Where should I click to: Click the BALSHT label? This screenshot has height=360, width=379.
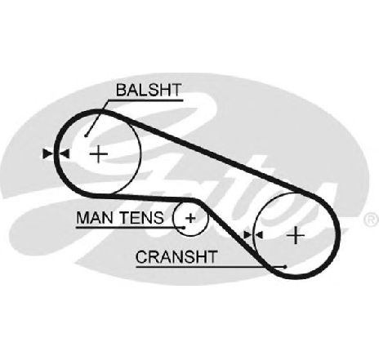click(149, 90)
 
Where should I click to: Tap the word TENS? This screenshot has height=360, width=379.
click(142, 218)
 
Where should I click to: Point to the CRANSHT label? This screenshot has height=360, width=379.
click(176, 257)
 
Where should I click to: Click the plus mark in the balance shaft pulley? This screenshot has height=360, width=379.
click(99, 154)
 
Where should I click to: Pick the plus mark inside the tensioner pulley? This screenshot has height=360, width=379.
click(190, 218)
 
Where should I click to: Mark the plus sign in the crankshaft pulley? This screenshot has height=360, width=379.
click(296, 235)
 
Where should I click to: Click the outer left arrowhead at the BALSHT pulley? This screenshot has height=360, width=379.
click(48, 154)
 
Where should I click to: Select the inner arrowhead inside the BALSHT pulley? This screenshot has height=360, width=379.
click(65, 154)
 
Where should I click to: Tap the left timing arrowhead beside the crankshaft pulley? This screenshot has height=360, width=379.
click(247, 235)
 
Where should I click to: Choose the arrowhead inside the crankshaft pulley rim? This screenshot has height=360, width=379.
click(258, 235)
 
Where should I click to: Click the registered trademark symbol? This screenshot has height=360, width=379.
click(372, 220)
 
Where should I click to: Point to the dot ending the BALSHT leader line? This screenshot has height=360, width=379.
click(86, 136)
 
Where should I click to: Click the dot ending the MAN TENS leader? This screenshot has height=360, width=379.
click(185, 228)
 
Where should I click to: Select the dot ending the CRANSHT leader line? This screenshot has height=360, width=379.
click(285, 267)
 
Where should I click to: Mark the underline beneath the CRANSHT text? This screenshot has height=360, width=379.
click(210, 267)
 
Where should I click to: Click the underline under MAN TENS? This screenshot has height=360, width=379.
click(130, 228)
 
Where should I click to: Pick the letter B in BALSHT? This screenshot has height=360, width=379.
click(121, 90)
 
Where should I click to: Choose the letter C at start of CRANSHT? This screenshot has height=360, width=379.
click(141, 257)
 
